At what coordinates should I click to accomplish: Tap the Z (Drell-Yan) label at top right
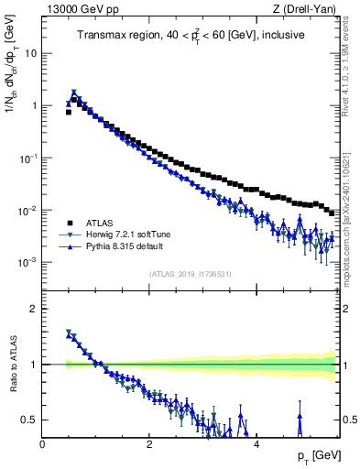click(x=306, y=10)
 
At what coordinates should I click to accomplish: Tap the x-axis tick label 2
click(x=149, y=444)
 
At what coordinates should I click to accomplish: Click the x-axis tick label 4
click(x=256, y=444)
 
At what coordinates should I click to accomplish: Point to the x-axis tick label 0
click(x=43, y=444)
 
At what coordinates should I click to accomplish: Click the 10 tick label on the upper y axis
click(x=30, y=53)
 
